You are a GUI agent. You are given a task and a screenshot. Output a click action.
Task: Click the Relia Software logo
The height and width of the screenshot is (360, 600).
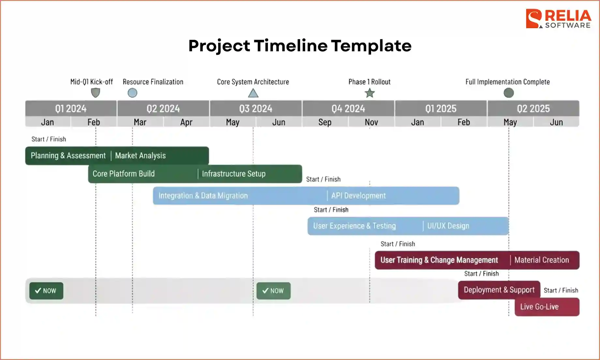pos(558,19)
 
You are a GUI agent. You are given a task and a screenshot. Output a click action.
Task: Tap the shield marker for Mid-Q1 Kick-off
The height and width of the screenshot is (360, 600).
pos(95,93)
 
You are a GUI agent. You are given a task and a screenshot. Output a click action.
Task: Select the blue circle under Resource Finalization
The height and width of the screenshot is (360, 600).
pos(132,93)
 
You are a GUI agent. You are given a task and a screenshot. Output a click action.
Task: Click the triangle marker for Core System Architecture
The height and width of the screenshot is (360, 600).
pos(253,94)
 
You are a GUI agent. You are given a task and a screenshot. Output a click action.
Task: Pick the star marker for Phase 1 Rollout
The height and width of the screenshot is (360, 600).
pos(369,93)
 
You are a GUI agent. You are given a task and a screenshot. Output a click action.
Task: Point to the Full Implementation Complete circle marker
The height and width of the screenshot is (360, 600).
pos(508,93)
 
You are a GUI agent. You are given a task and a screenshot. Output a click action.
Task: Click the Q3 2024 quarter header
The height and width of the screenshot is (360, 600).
pos(256,108)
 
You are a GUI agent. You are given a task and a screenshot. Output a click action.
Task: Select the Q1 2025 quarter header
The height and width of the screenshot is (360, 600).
pos(441,108)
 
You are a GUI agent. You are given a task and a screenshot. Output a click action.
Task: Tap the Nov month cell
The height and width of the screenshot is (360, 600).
pos(371,122)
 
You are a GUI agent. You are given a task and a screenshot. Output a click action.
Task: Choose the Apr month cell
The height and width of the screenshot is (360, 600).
pos(186,122)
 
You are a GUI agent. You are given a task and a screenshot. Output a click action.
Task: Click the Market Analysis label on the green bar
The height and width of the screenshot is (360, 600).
pos(140,156)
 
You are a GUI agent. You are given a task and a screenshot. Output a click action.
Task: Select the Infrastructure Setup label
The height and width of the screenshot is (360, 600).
pos(233,174)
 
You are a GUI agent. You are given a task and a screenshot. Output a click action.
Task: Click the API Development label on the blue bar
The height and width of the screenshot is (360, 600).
pos(358,196)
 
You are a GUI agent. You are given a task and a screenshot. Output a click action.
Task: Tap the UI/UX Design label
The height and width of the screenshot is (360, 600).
pos(448,226)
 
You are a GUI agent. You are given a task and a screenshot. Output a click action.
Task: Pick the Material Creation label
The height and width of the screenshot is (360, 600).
pos(541,260)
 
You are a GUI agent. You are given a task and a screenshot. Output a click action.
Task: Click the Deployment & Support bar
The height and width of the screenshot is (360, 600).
pos(499,290)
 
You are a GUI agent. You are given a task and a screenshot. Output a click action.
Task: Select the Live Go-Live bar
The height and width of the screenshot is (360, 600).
pos(547,307)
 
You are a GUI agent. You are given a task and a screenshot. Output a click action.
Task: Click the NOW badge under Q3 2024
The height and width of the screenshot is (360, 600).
pos(273,291)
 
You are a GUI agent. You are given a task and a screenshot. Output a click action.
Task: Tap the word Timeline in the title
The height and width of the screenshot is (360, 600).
pos(291,46)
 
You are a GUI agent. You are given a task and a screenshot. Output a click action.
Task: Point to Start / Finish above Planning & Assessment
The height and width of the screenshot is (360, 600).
pos(49,139)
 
